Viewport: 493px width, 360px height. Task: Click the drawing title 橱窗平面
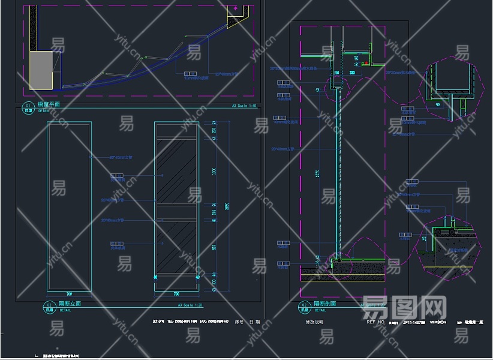pyautogui.click(x=49, y=104)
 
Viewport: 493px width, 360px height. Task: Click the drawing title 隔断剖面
pyautogui.click(x=324, y=304)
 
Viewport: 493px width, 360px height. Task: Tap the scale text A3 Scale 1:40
pyautogui.click(x=244, y=105)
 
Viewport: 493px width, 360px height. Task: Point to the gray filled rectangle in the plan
pyautogui.click(x=41, y=70)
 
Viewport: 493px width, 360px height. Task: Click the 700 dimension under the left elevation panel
pyautogui.click(x=69, y=294)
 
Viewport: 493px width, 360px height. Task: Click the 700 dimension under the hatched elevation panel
pyautogui.click(x=176, y=294)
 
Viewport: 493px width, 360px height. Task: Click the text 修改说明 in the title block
pyautogui.click(x=314, y=322)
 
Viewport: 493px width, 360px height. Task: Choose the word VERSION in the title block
pyautogui.click(x=438, y=322)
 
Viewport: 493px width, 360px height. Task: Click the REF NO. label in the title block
pyautogui.click(x=375, y=322)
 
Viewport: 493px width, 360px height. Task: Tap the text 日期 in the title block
pyautogui.click(x=255, y=322)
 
